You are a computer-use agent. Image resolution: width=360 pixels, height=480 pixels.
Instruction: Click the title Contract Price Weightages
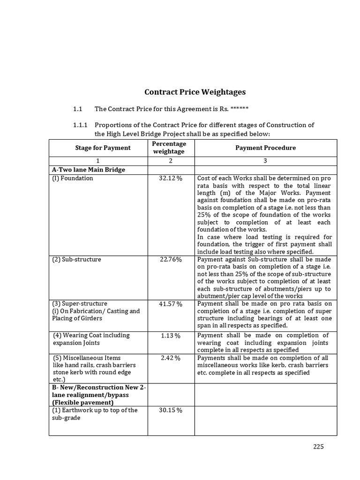point(195,92)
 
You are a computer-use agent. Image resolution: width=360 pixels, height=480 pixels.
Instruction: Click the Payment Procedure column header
point(265,148)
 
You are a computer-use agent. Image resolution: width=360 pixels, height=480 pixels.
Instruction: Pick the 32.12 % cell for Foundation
point(171,178)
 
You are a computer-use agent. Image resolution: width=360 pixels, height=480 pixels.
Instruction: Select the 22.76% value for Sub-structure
point(171,259)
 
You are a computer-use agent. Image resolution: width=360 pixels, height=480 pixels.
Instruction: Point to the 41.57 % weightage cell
point(171,304)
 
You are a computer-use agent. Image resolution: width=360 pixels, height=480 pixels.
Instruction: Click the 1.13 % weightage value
point(171,336)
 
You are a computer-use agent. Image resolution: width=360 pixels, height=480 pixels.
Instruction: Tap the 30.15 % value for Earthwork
point(171,411)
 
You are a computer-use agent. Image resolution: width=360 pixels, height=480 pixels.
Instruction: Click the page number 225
point(319,446)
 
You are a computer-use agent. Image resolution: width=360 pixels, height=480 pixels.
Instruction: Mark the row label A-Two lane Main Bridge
point(89,170)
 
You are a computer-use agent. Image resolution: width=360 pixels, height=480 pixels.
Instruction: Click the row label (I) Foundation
point(73,178)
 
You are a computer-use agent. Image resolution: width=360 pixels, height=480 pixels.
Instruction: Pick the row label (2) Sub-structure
point(76,259)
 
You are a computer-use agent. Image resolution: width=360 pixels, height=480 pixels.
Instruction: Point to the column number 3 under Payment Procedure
point(265,161)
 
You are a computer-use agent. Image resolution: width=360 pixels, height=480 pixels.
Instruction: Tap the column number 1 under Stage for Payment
point(98,161)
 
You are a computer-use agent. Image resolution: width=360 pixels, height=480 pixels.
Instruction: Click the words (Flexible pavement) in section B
point(82,402)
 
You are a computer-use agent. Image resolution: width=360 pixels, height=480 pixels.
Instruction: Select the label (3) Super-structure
point(80,303)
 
